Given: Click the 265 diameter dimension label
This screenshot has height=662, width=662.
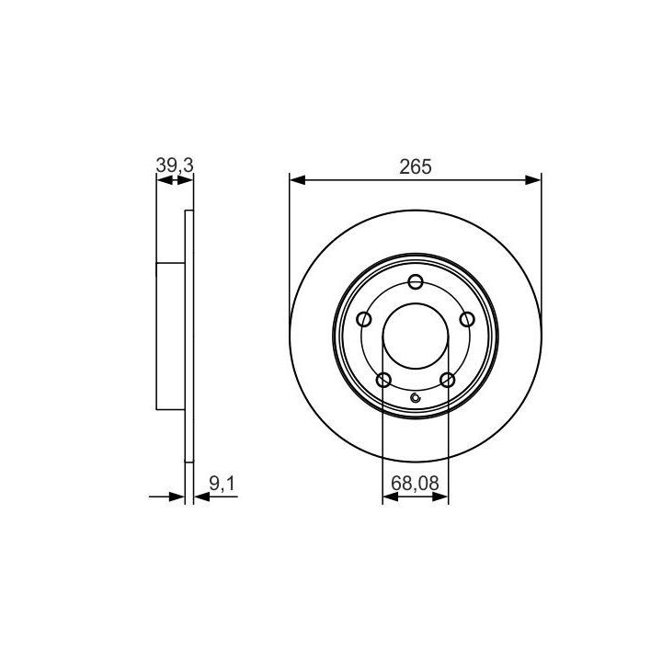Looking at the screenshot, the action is click(416, 166).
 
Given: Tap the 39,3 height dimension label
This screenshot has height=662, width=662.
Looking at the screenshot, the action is click(175, 165).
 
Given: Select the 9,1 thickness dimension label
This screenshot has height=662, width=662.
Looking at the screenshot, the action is click(222, 484).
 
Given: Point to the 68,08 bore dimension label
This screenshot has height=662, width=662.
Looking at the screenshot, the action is click(415, 483).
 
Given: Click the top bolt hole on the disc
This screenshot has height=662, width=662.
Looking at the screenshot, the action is click(416, 281).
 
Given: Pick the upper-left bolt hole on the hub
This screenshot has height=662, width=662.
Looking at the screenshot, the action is click(364, 319).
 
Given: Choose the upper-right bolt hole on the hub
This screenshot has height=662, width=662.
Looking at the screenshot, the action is click(467, 319).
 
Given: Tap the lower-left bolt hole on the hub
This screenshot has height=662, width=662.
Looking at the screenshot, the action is click(383, 380).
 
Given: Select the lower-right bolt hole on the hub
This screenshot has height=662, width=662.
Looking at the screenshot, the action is click(448, 380).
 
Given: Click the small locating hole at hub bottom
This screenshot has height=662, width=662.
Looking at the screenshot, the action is click(416, 398).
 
